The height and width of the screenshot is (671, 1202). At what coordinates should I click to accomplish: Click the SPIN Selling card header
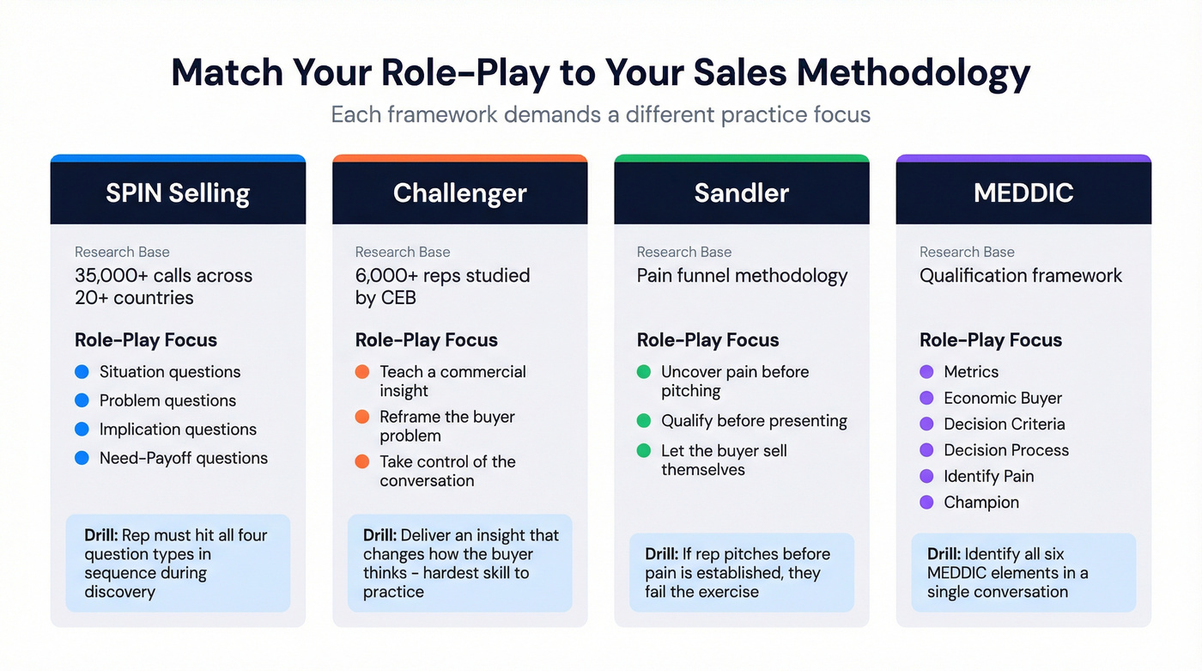pyautogui.click(x=178, y=192)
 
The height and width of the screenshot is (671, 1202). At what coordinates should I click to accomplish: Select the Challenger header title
pyautogui.click(x=459, y=192)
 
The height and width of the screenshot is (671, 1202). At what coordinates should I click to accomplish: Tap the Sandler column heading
pyautogui.click(x=742, y=192)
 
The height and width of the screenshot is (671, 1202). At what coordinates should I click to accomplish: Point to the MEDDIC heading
pyautogui.click(x=1023, y=192)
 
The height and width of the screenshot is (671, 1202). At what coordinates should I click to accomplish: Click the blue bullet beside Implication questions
pyautogui.click(x=82, y=430)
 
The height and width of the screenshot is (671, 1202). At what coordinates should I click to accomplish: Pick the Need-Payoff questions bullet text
pyautogui.click(x=184, y=458)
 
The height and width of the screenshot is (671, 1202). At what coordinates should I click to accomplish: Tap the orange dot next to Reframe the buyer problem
pyautogui.click(x=362, y=418)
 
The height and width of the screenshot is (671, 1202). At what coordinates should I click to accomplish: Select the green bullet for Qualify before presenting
pyautogui.click(x=644, y=421)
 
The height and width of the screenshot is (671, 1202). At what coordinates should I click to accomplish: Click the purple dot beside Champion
pyautogui.click(x=926, y=503)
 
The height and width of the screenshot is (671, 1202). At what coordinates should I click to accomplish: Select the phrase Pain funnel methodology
pyautogui.click(x=742, y=276)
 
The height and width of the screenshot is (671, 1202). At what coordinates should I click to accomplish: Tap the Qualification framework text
pyautogui.click(x=1021, y=276)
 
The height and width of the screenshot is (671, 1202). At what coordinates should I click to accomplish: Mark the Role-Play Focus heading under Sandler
pyautogui.click(x=707, y=340)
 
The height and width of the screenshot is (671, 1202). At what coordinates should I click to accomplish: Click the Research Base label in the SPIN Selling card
pyautogui.click(x=122, y=252)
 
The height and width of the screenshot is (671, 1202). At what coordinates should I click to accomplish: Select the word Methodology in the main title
pyautogui.click(x=914, y=73)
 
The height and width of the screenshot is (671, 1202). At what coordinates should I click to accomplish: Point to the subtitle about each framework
pyautogui.click(x=601, y=114)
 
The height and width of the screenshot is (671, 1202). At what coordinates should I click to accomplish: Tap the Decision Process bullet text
pyautogui.click(x=1006, y=450)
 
